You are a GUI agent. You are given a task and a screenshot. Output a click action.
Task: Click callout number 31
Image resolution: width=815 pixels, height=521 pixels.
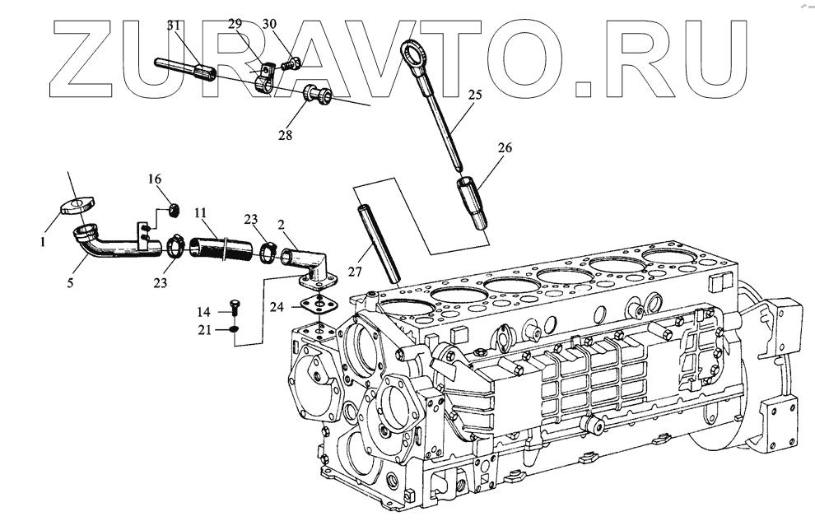point(174,26)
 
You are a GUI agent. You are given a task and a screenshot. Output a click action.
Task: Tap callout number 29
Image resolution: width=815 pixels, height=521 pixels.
point(235,24)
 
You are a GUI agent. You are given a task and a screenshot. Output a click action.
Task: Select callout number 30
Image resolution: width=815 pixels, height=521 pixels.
point(270,24)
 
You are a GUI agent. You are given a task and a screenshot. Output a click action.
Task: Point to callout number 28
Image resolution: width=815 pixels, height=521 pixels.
point(285,134)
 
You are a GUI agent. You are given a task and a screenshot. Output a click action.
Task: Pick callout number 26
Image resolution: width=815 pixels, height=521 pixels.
point(504,148)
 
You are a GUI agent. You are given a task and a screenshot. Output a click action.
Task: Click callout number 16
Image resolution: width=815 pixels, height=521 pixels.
point(155,179)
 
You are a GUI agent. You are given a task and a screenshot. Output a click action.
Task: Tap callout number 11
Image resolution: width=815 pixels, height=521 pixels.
point(200,212)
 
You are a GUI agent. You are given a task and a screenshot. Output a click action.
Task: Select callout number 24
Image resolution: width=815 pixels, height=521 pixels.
point(277,308)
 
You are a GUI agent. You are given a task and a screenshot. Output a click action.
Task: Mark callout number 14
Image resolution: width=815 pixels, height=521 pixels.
point(203,312)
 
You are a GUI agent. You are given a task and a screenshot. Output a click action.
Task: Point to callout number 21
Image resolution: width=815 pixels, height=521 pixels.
point(203,330)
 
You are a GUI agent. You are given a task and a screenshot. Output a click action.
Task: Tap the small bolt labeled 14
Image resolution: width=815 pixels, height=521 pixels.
point(233,308)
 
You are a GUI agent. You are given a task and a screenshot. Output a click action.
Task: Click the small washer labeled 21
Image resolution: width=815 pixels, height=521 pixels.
point(234,329)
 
